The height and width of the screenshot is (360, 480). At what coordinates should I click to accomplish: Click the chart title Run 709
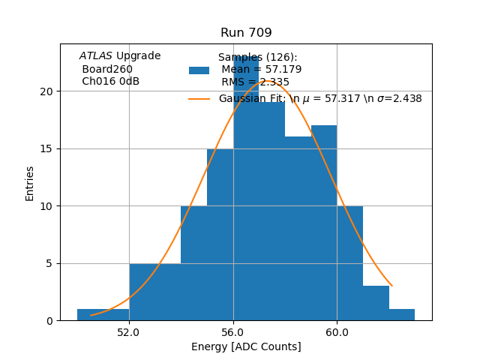(246, 33)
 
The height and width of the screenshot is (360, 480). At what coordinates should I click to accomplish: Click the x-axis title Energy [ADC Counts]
(246, 346)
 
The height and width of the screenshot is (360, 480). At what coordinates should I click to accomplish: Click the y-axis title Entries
(30, 183)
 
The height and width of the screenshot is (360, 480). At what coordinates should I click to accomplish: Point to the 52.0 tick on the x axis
(129, 331)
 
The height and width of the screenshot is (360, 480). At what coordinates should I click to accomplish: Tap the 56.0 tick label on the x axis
(233, 331)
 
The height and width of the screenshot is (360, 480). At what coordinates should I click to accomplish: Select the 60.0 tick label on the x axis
(337, 331)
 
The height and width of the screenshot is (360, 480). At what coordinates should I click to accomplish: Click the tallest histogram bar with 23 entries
(246, 187)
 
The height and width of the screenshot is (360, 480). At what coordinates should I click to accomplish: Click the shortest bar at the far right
(402, 315)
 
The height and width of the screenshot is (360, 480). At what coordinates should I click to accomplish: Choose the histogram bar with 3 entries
(376, 304)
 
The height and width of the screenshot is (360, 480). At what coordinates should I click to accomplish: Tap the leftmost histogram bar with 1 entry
(103, 315)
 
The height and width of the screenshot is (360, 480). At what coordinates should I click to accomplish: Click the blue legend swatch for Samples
(199, 70)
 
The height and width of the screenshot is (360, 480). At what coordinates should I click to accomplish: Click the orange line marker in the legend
(199, 98)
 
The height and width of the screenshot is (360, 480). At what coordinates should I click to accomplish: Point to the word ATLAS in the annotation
(96, 56)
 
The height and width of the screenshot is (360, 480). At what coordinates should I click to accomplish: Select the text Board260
(107, 69)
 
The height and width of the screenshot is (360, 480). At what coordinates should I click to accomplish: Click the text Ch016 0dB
(110, 82)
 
